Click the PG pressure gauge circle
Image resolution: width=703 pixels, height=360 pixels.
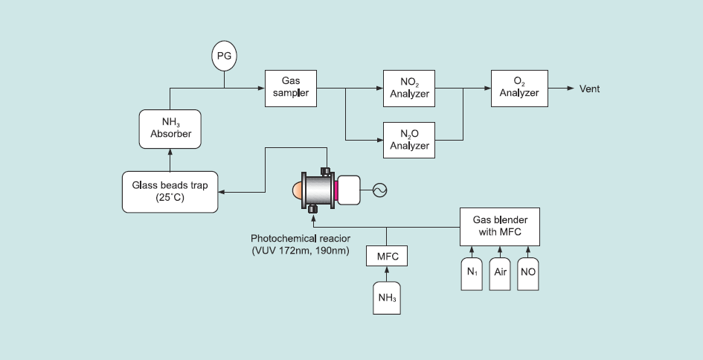[224, 56]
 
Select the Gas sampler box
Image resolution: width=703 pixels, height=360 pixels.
[290, 88]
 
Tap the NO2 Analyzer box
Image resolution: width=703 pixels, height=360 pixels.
[409, 89]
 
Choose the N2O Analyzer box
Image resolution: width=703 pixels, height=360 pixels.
[409, 139]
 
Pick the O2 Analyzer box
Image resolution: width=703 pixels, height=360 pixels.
[519, 89]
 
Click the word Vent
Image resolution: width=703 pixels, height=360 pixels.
[589, 89]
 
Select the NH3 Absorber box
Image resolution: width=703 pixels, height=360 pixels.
[170, 128]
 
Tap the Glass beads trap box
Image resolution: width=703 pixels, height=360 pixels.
[170, 191]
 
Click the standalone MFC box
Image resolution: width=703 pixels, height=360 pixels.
[388, 257]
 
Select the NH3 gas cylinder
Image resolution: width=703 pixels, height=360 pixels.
[387, 300]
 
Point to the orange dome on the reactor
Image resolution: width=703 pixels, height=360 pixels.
[298, 190]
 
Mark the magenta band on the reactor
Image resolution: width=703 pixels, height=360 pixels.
[336, 190]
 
